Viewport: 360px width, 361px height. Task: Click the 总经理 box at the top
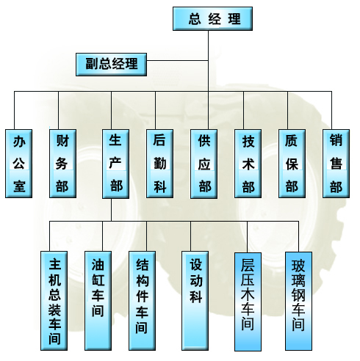click(x=212, y=18)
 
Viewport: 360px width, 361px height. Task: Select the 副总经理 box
click(x=111, y=65)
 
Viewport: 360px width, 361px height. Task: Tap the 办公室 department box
click(x=19, y=164)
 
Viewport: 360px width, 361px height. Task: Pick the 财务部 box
click(x=62, y=164)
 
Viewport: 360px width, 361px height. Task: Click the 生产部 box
click(x=115, y=164)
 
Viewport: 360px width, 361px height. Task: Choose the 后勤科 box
click(x=159, y=164)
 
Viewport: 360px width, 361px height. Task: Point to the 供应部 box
click(x=204, y=164)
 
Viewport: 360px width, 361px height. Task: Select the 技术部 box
click(x=248, y=164)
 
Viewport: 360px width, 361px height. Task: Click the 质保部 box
click(x=292, y=164)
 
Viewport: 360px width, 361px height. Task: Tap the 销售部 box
click(x=336, y=164)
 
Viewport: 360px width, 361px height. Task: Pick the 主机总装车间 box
click(x=54, y=301)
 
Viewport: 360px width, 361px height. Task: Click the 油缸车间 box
click(x=98, y=301)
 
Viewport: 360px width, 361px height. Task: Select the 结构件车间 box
click(x=142, y=301)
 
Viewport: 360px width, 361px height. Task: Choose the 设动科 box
click(x=195, y=301)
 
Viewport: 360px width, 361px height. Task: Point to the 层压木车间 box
click(x=248, y=302)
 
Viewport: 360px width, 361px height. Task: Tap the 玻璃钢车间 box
click(x=298, y=302)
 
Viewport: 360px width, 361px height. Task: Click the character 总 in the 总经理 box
click(x=195, y=19)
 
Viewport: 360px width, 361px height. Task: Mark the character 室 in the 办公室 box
click(x=19, y=186)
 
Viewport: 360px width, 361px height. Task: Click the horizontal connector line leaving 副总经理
click(x=178, y=60)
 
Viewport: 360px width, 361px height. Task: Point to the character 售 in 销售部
click(x=336, y=163)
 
